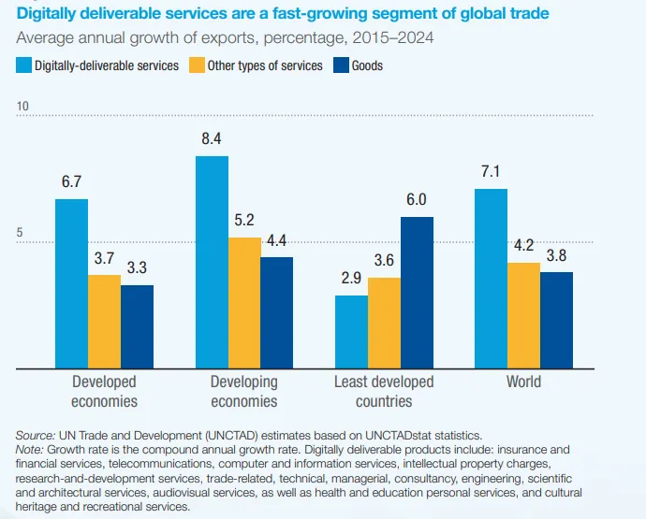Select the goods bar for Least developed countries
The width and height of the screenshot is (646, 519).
click(417, 293)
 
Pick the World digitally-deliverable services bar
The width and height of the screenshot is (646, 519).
click(492, 279)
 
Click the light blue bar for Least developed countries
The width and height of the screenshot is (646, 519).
click(351, 332)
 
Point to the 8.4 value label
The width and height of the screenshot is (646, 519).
click(212, 138)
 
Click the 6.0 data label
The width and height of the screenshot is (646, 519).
click(417, 199)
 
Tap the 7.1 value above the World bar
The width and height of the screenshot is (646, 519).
click(492, 171)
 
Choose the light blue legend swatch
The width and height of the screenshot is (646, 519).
click(23, 65)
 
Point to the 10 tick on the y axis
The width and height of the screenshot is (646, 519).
click(23, 108)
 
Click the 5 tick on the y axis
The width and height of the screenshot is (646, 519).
click(20, 234)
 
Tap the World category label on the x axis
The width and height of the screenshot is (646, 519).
click(523, 382)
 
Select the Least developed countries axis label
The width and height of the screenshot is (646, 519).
click(384, 392)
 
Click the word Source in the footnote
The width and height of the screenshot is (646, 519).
click(34, 435)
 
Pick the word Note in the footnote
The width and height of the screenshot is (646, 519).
click(30, 448)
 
